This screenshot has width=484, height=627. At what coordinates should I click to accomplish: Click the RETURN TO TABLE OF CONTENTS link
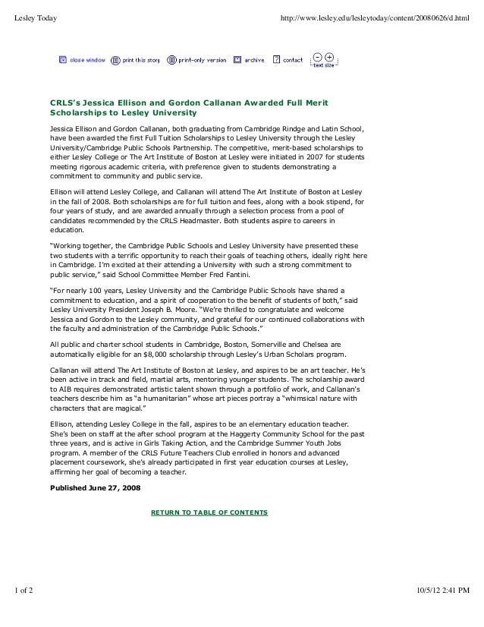pos(209,512)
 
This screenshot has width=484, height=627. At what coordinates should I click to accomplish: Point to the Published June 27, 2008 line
pos(95,487)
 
